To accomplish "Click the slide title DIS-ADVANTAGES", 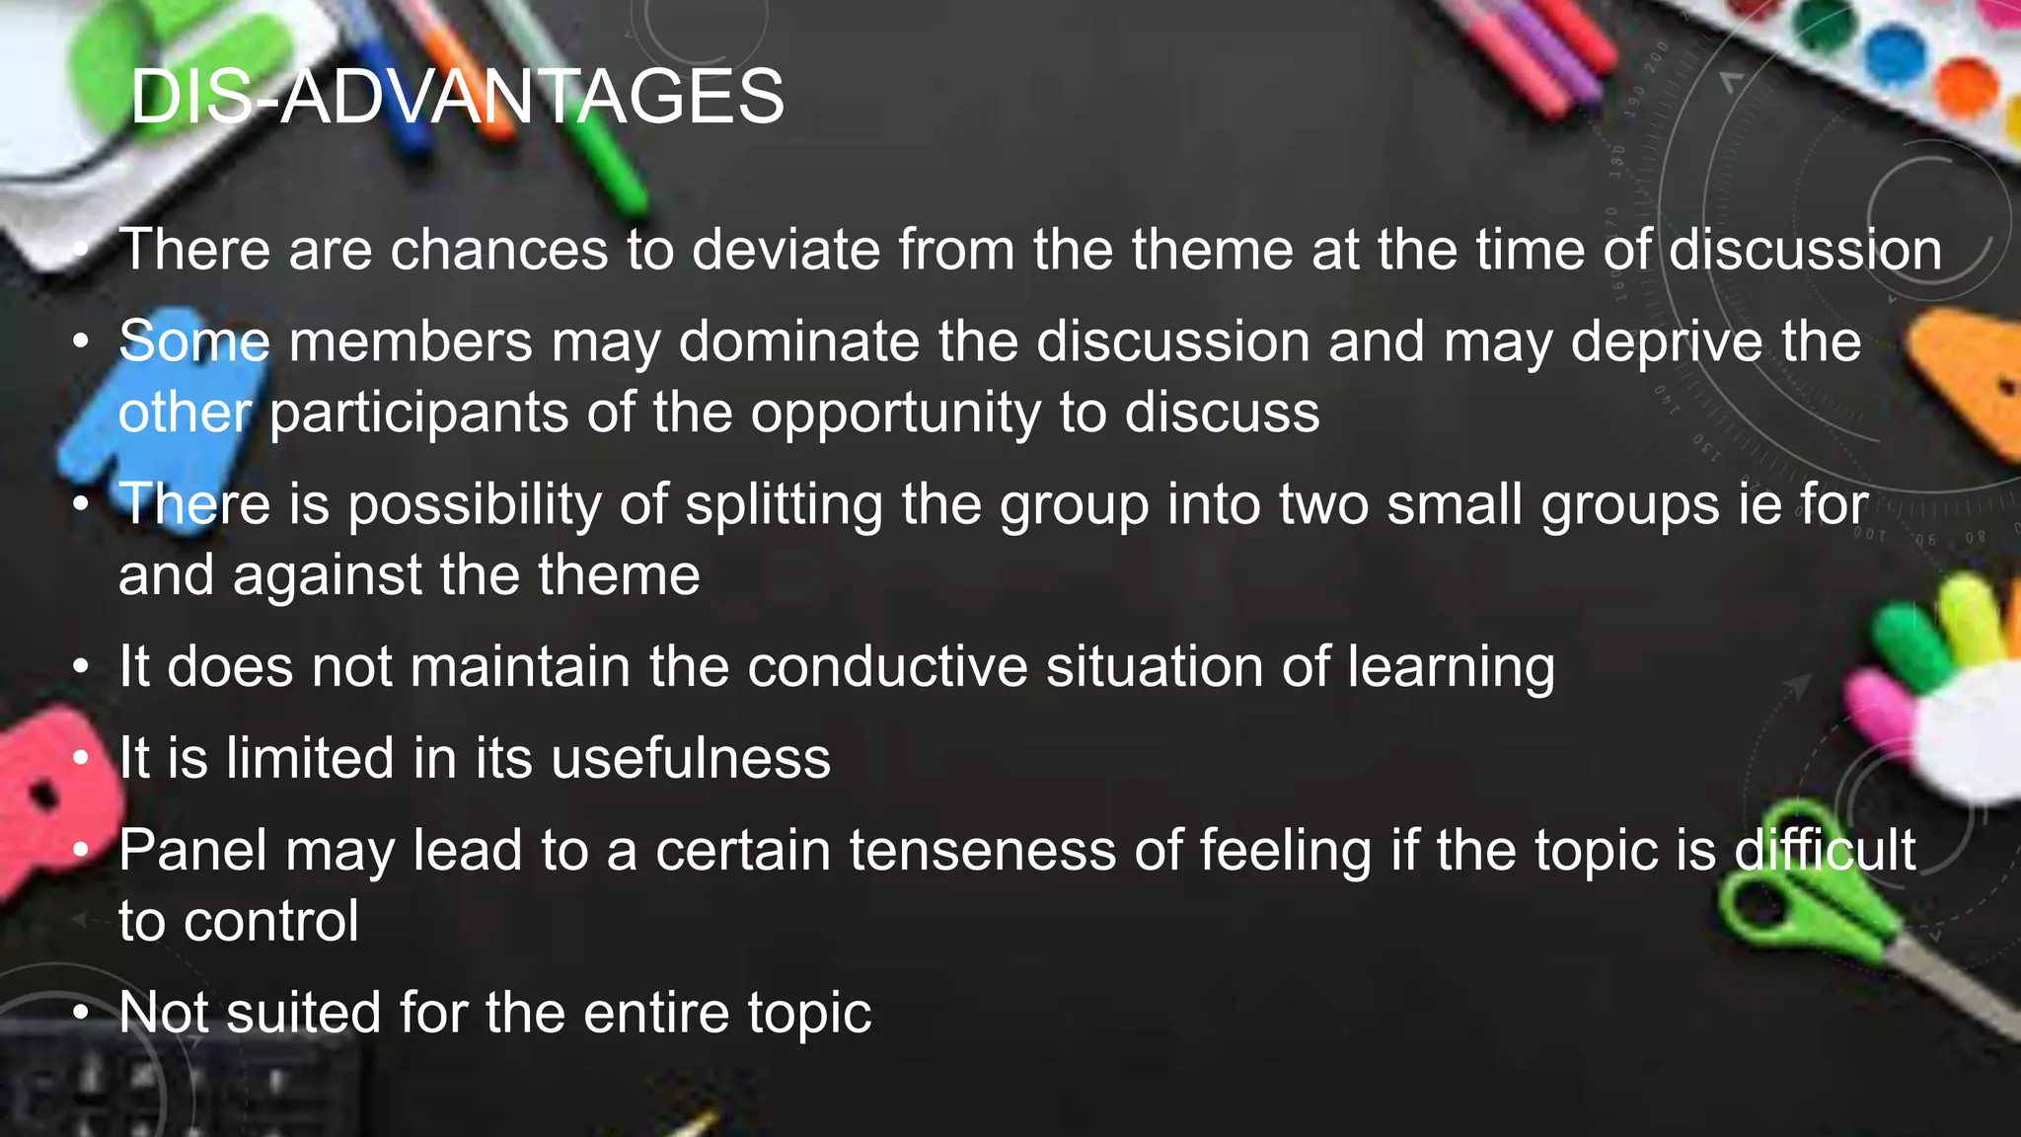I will (457, 97).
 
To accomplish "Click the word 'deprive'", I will (1666, 343).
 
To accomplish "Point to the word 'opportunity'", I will (895, 414).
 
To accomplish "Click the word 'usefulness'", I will (690, 758).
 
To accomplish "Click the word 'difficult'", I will (1825, 850).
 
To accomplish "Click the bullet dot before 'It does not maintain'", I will (81, 667).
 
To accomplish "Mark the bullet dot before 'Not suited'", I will (81, 1014).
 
